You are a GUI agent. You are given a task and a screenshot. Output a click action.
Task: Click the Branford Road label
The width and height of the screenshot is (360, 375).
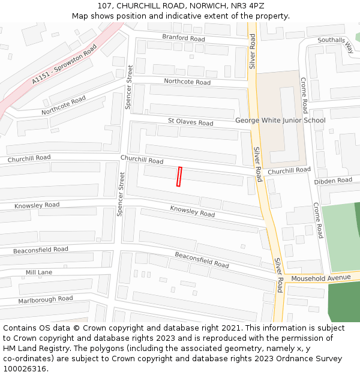[x=184, y=38]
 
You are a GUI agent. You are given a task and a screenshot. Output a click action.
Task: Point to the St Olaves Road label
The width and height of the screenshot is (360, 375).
[x=190, y=122]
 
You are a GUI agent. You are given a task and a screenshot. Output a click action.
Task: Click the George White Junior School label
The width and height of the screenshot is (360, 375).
[x=280, y=120]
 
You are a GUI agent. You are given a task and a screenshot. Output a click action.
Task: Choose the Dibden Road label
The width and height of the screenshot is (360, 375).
[x=333, y=181]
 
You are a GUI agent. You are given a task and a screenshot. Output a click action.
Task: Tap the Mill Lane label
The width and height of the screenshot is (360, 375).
[x=38, y=272]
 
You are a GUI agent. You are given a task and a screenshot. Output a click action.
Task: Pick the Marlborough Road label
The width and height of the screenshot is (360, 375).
[x=45, y=299]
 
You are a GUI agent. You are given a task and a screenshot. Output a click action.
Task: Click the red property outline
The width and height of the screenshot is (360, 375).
[x=179, y=176]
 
